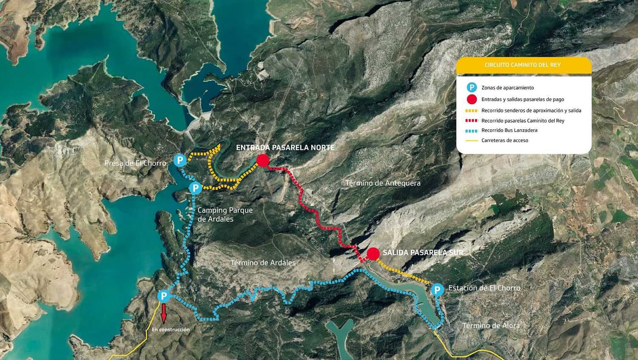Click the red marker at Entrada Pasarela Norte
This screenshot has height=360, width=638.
(x=263, y=160)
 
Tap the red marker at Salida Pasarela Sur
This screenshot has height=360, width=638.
(x=373, y=254)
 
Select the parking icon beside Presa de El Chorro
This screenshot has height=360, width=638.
(x=180, y=160)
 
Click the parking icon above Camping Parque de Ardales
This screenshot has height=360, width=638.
(x=195, y=188)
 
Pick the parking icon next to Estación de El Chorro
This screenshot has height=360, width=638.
(x=437, y=290)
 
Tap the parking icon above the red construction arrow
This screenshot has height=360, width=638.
(x=164, y=296)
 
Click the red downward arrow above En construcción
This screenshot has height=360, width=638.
(x=164, y=314)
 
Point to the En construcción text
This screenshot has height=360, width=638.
(x=171, y=329)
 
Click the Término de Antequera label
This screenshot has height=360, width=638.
(x=383, y=183)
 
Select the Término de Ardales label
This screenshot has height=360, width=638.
(x=263, y=263)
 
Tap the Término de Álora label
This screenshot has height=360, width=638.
(x=491, y=326)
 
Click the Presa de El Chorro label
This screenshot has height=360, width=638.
(x=135, y=163)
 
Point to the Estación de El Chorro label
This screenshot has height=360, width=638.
(x=484, y=288)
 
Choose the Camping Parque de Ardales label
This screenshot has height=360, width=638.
(x=225, y=214)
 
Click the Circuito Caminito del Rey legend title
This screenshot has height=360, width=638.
(x=523, y=65)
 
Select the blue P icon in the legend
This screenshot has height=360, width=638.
(x=472, y=88)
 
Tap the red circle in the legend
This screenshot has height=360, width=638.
(x=472, y=99)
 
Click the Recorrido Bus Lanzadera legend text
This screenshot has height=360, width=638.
(x=509, y=130)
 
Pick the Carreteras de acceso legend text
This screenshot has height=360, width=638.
(x=505, y=140)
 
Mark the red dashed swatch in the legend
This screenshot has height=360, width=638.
(x=471, y=121)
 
